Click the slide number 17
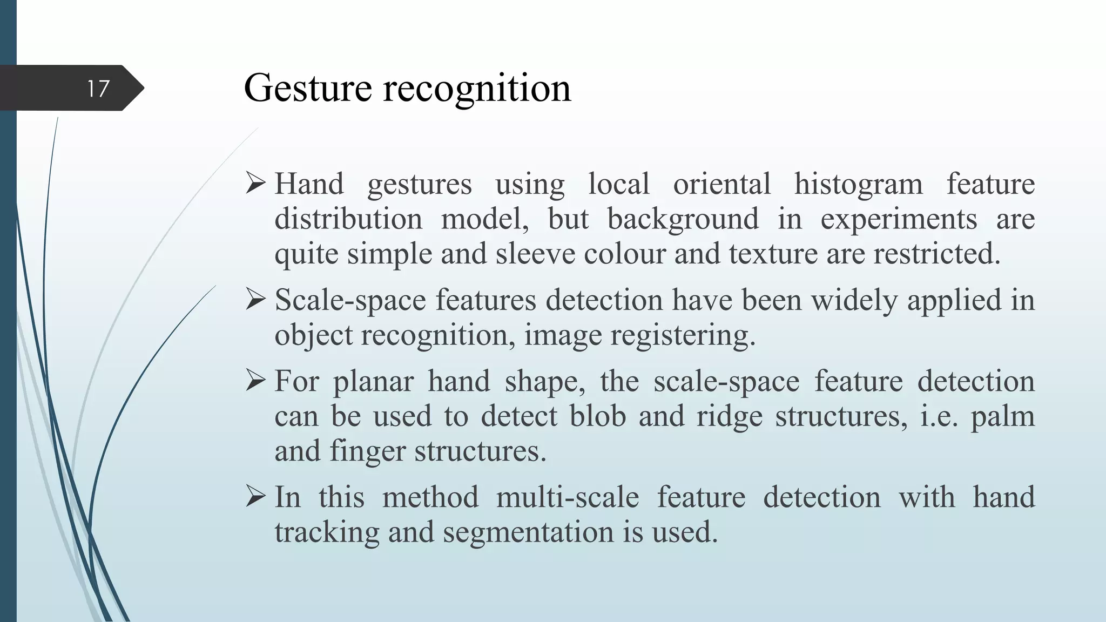coord(98,89)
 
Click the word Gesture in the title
coord(308,87)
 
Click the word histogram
coord(858,184)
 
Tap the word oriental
coord(721,184)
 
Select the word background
coord(683,219)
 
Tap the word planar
coord(373,382)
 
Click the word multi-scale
coord(568,497)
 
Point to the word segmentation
coord(528,532)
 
